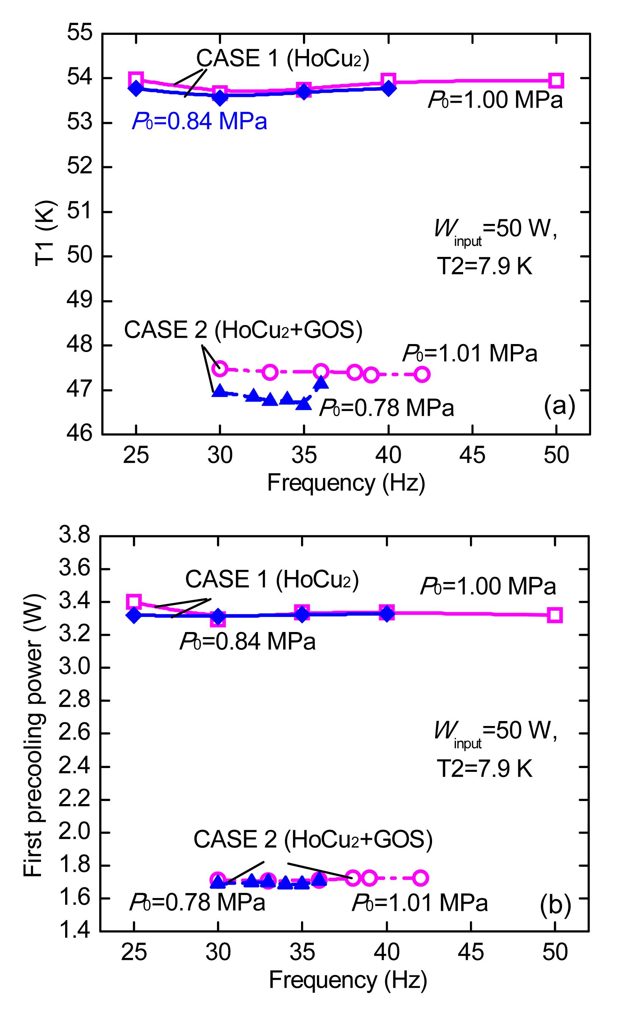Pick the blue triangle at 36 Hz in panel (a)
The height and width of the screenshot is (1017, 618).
click(321, 383)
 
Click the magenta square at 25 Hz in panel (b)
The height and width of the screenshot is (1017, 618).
click(134, 602)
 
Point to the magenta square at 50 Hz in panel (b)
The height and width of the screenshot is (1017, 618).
click(555, 615)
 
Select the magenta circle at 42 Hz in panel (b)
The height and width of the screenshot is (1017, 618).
click(420, 878)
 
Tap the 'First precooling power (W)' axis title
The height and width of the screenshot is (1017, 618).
click(33, 739)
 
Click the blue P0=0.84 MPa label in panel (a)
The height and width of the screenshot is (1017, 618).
click(199, 121)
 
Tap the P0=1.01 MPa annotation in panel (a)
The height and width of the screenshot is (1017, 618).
click(470, 353)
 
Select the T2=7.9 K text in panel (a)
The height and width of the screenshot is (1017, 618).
click(485, 266)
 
